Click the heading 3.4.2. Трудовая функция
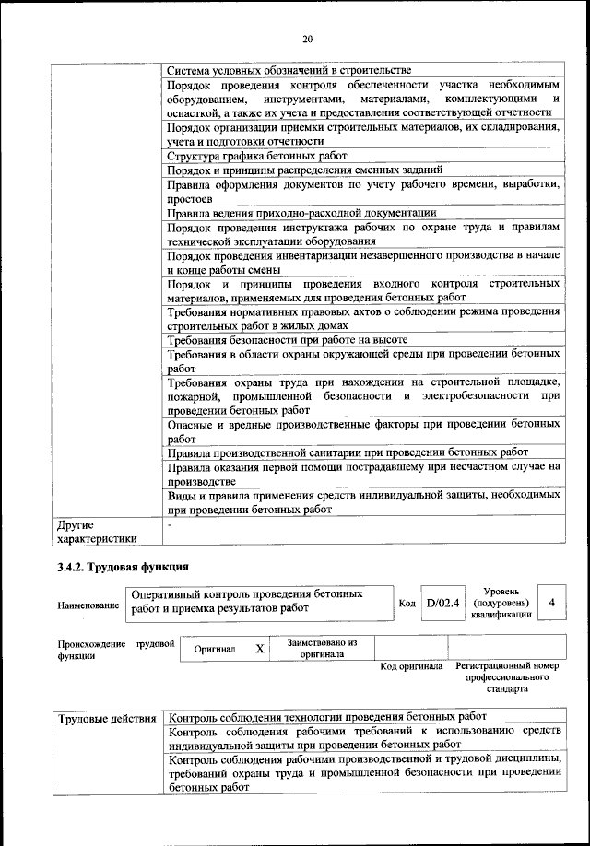point(123,566)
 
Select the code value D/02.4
point(442,604)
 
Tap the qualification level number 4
point(551,603)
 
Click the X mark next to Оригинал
point(260,649)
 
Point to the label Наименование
point(88,605)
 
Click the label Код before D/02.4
point(407,604)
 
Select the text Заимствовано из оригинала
point(322,648)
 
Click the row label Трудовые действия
point(106,717)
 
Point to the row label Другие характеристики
point(97,532)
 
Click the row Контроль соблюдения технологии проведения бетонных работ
point(327,717)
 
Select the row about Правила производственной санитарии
point(348,452)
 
